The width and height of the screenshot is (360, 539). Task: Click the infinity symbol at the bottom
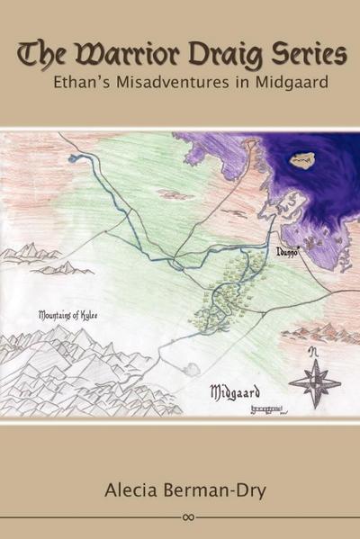(x=187, y=517)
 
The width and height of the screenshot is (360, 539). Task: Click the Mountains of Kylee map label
(x=69, y=316)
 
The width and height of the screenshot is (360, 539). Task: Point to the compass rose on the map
(x=314, y=382)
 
